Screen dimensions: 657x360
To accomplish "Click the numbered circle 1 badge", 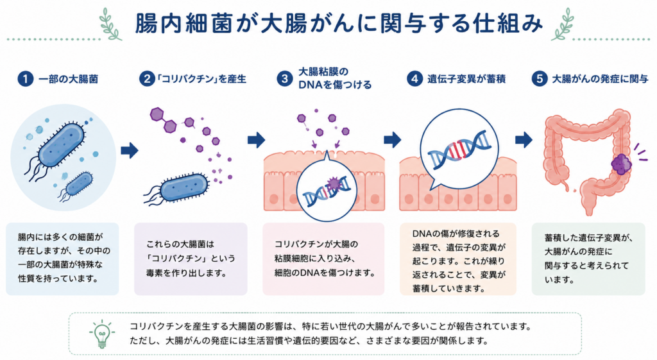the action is coord(25,79).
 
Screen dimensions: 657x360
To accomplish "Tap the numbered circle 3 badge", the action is coord(284,79).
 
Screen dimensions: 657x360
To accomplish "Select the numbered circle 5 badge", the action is coord(539,79).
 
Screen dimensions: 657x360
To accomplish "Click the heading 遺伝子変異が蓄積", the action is coord(466,79).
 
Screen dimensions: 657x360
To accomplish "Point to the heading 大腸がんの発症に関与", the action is coord(600,79).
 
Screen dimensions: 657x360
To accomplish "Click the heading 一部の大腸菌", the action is coord(68,79).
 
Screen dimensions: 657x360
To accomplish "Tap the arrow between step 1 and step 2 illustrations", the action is coord(130,150).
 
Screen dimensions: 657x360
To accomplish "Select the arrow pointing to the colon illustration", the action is coord(524,139).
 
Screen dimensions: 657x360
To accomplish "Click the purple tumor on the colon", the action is coord(621,164).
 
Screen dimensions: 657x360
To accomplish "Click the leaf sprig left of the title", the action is coord(110,24).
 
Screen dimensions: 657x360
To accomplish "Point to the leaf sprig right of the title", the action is coord(563,24).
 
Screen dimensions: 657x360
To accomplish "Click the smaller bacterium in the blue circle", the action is coord(77,185).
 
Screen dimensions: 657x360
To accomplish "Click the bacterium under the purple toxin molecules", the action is coord(178,189).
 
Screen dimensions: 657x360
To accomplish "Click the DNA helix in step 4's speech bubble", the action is coord(459,149).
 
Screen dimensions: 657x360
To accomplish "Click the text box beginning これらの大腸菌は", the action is coord(191,259).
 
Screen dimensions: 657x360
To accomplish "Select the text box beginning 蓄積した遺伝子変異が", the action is coord(588,259).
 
